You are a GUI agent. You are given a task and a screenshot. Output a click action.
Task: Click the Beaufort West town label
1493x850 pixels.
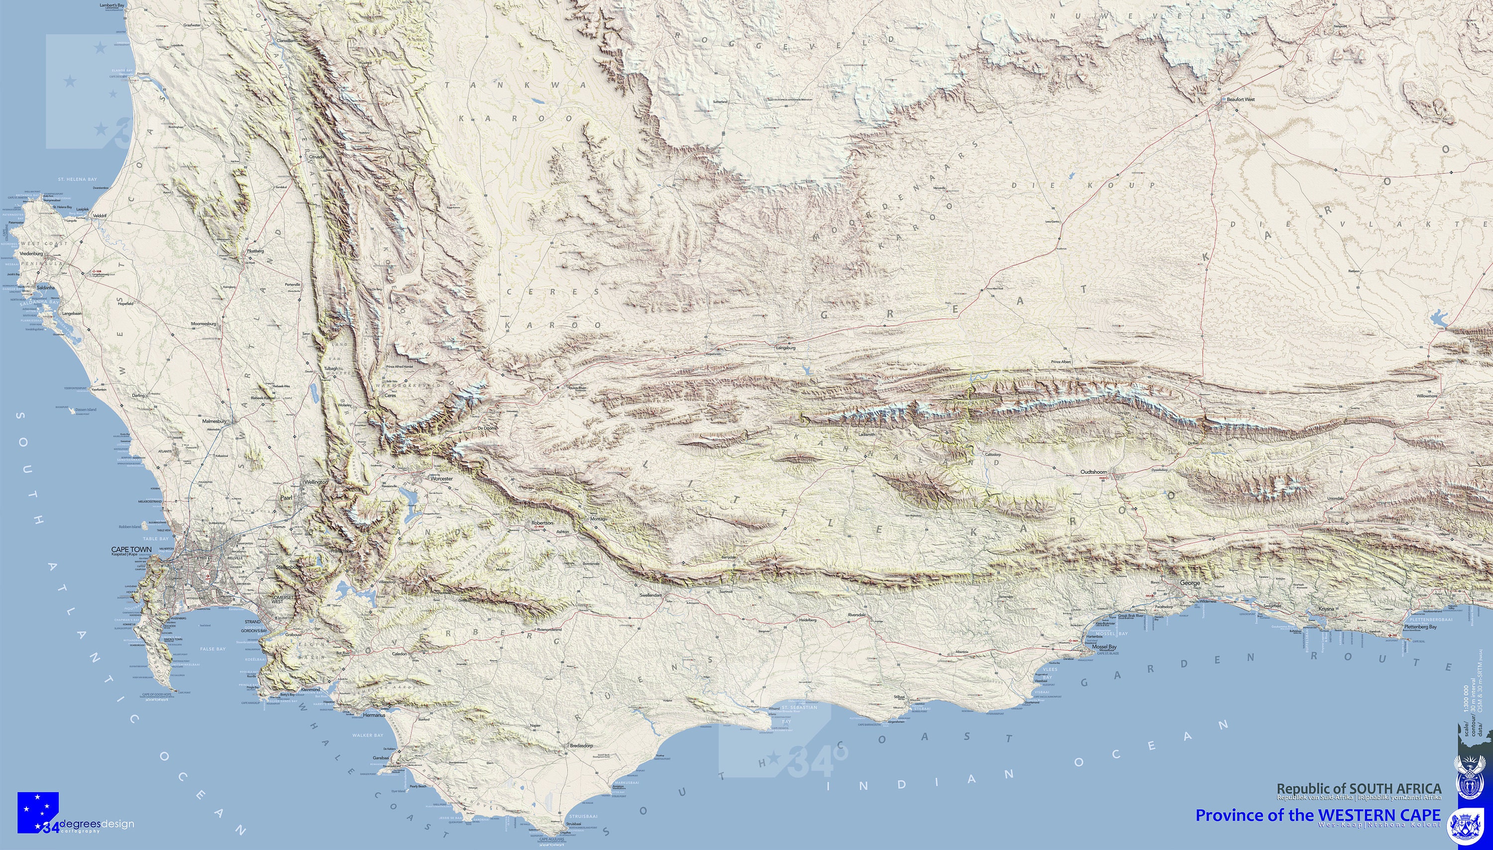coord(1240,99)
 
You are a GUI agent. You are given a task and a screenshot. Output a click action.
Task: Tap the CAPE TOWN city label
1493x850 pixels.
coord(131,549)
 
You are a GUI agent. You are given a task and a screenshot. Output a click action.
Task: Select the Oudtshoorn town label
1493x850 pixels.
coord(1094,472)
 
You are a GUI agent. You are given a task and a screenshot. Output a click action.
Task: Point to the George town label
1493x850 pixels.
coord(1190,583)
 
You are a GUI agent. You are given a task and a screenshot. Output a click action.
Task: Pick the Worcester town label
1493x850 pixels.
coord(441,478)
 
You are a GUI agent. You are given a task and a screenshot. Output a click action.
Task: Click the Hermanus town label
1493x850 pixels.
coord(374,715)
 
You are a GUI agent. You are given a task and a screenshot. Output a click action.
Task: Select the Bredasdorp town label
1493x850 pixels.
coord(581,745)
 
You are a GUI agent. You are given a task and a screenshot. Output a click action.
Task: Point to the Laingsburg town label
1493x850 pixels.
coord(786,347)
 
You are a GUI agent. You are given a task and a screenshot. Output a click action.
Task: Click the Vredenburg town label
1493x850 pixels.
coord(31,254)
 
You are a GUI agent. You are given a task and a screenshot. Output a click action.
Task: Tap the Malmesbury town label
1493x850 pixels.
coord(213,421)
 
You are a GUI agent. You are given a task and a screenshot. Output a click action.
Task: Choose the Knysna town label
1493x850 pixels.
coord(1326,608)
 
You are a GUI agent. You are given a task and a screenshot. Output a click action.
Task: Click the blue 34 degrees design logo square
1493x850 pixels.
coord(38,812)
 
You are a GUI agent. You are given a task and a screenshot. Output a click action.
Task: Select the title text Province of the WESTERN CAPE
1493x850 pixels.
coord(1317,815)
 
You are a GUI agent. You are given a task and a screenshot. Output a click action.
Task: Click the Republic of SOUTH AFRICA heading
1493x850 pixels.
coord(1359,789)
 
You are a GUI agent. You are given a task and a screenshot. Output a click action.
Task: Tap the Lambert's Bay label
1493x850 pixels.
coord(112,5)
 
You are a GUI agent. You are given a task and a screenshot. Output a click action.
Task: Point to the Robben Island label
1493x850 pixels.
coord(130,527)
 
